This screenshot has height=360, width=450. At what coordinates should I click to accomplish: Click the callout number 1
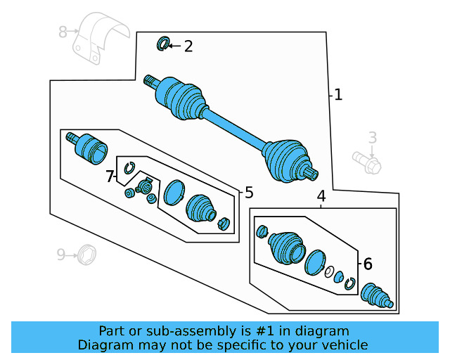[338, 94]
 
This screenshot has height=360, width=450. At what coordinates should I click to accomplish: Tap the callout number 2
[188, 47]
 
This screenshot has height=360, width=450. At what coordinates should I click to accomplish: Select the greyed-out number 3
[373, 139]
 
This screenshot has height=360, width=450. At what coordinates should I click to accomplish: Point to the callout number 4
[321, 196]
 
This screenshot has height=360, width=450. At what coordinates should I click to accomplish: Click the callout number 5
[248, 193]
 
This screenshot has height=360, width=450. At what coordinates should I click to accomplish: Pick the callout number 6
[367, 264]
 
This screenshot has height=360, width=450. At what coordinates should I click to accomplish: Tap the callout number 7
[110, 176]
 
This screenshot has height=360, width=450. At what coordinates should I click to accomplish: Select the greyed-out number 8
[63, 32]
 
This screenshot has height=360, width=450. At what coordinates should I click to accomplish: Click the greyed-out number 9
[61, 254]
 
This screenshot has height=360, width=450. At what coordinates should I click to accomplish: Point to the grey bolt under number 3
[368, 163]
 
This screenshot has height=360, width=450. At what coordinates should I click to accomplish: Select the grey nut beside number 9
[88, 253]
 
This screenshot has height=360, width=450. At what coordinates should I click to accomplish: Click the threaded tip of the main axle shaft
[149, 80]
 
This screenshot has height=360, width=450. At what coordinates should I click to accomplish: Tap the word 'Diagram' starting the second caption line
[103, 345]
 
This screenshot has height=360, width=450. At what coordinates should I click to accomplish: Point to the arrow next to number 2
[174, 46]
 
